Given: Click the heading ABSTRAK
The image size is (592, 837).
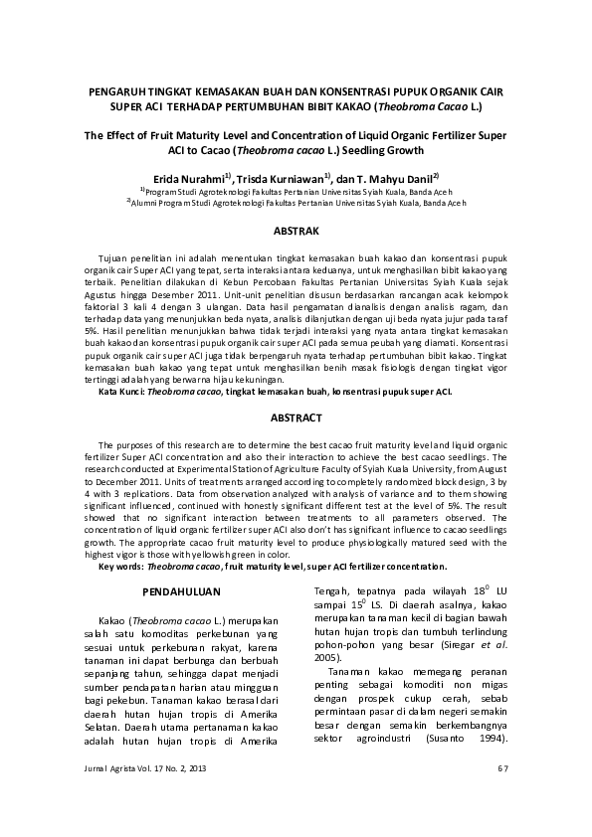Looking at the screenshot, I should (x=296, y=232).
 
